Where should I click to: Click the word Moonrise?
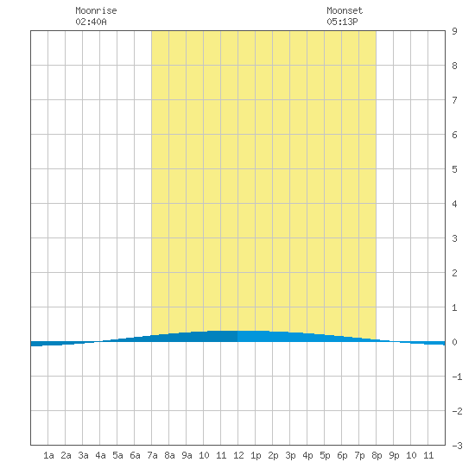tap(96, 10)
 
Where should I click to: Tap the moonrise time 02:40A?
tap(91, 22)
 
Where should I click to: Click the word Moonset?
tap(345, 10)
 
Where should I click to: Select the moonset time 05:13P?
tap(342, 22)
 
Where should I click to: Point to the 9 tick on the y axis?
tap(454, 31)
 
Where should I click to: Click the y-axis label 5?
tap(454, 169)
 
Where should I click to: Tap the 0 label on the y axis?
tap(454, 342)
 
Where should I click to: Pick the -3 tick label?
tap(457, 446)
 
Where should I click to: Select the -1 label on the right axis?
tap(457, 377)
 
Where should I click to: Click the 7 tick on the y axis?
tap(454, 100)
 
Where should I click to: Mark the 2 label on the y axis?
tap(454, 273)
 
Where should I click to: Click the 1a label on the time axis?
tap(48, 455)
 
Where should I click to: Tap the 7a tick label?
tap(152, 455)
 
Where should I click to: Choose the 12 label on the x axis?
tap(238, 455)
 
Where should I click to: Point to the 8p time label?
tap(377, 455)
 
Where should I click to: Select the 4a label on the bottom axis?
tap(100, 455)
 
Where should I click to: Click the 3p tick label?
tap(290, 455)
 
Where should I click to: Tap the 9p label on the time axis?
tap(394, 455)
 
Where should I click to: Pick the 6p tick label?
tap(342, 455)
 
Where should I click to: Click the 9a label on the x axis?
tap(187, 455)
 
